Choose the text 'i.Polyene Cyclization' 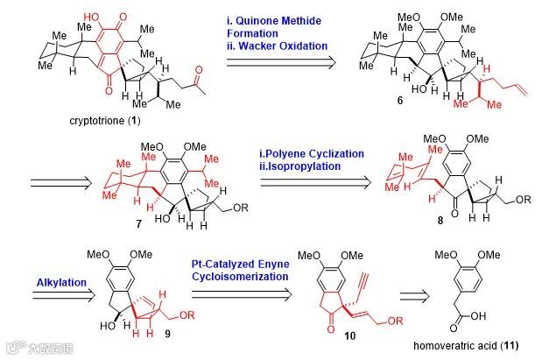point(316,153)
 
